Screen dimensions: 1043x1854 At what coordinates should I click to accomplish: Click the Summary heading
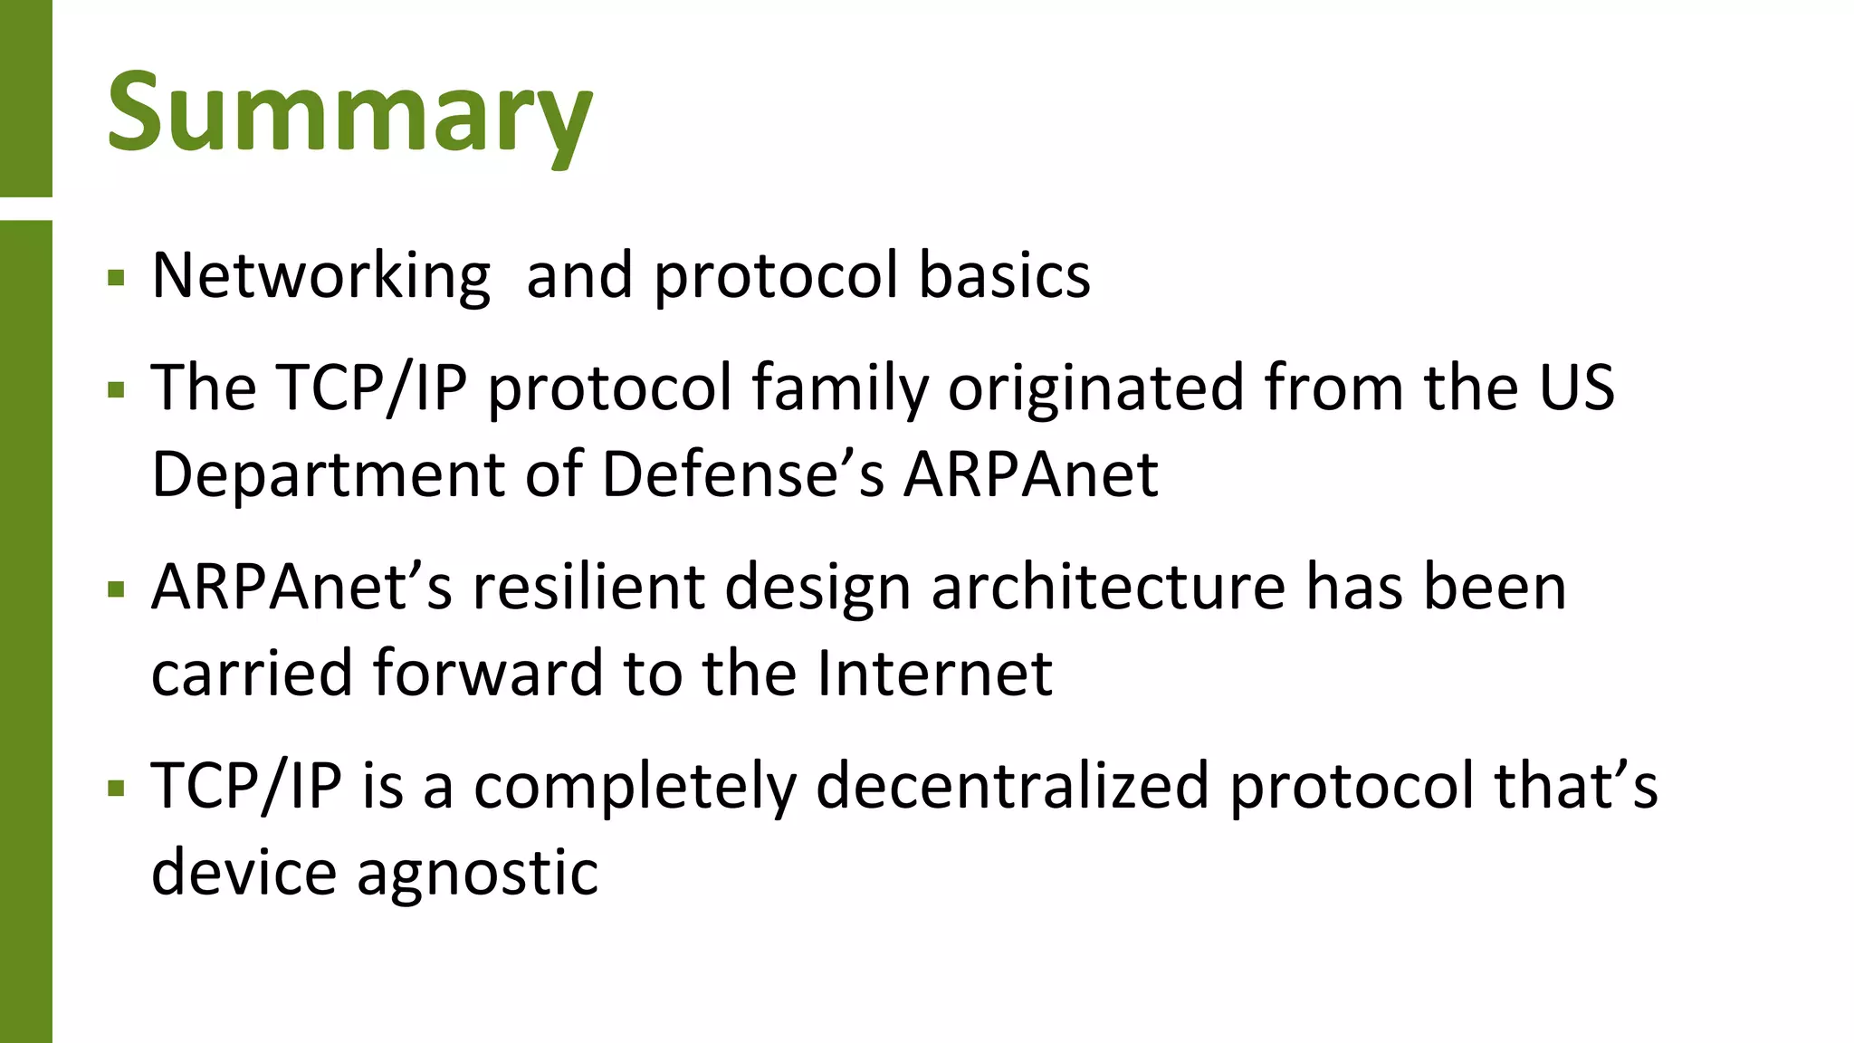tap(349, 113)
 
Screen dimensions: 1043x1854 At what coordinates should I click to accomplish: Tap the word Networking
tap(321, 275)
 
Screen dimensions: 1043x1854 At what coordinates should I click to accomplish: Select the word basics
tap(1004, 275)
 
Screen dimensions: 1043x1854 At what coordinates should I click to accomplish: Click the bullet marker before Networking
tap(116, 277)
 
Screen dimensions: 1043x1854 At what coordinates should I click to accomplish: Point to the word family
tap(840, 388)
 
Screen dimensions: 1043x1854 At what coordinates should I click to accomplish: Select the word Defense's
tap(742, 474)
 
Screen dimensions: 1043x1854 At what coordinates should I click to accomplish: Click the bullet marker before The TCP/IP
tap(116, 390)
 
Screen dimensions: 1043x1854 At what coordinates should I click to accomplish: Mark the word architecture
tap(1108, 587)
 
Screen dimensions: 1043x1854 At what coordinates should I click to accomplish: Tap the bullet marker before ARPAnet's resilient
tap(116, 590)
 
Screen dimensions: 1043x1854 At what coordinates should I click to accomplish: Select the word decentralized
tap(1012, 786)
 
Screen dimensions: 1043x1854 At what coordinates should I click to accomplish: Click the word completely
tap(635, 786)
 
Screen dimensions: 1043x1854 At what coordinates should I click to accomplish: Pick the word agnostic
tap(477, 873)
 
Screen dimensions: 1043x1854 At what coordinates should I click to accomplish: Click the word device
tap(244, 873)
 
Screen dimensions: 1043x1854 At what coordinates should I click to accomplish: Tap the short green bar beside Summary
tap(25, 98)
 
